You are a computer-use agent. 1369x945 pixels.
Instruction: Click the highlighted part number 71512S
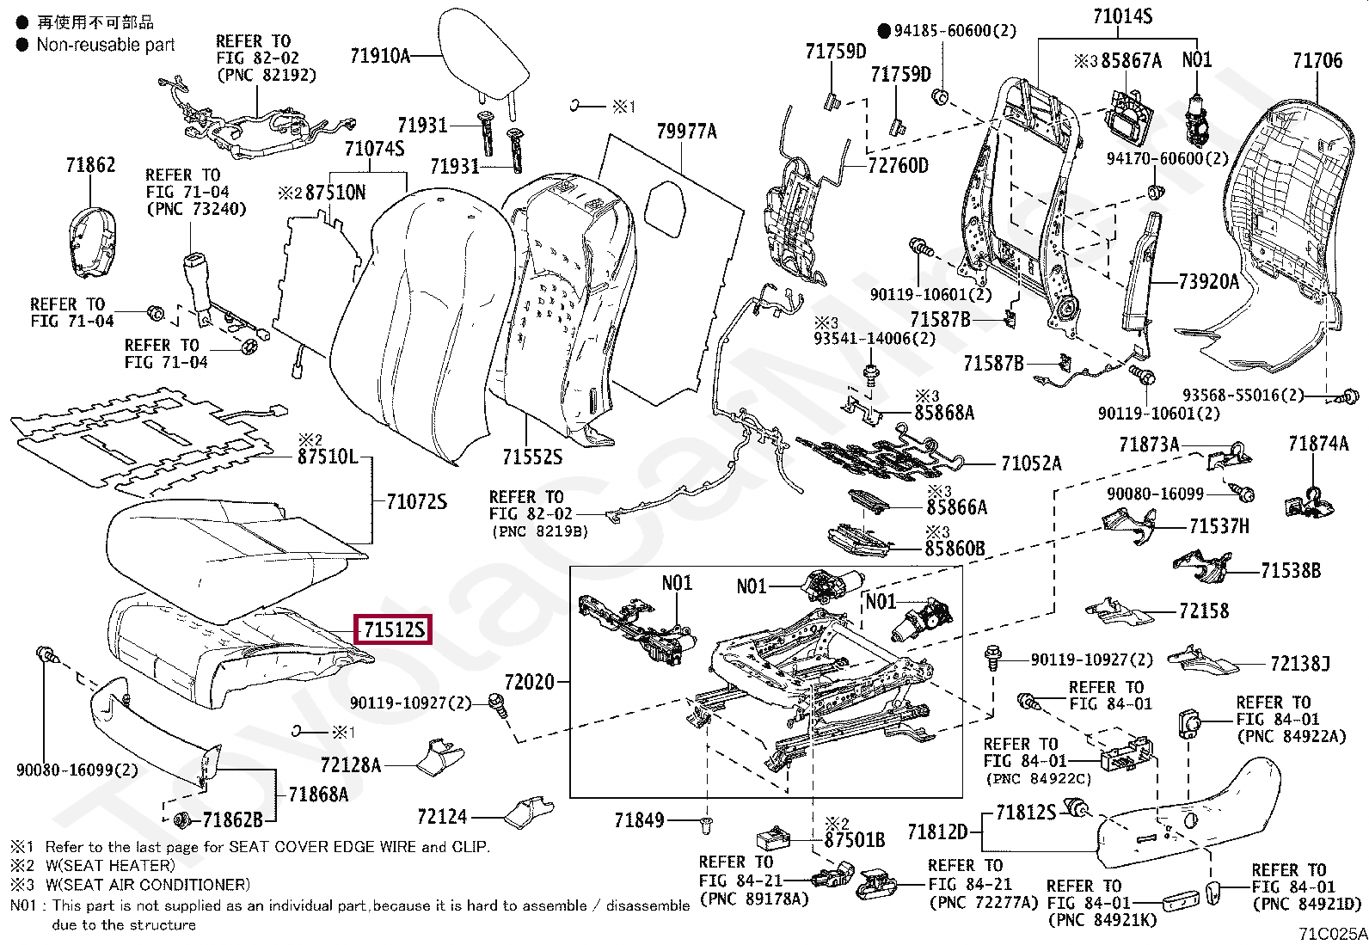394,629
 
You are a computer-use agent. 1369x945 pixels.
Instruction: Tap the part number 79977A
686,131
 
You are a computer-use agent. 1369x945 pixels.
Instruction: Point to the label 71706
1317,60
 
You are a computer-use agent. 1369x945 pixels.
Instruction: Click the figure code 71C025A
1333,933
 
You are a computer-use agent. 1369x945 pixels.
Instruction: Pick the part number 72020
529,682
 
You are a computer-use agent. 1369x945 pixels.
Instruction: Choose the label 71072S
417,502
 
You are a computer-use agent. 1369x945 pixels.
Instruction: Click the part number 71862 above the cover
90,165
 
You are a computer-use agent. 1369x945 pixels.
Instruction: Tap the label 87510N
335,193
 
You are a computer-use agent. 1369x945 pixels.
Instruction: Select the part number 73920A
1209,282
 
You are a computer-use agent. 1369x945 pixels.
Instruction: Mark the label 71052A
1031,463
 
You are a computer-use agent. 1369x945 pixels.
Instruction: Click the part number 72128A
351,764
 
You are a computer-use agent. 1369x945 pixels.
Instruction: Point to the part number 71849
639,819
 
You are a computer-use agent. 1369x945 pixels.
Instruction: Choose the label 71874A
1318,443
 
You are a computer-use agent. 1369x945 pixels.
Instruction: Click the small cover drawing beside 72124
529,812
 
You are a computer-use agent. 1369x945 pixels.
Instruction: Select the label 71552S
532,457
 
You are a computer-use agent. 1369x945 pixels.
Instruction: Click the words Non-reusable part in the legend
106,45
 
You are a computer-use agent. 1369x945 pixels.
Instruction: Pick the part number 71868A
318,794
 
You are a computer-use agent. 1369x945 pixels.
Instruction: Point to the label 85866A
956,506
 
